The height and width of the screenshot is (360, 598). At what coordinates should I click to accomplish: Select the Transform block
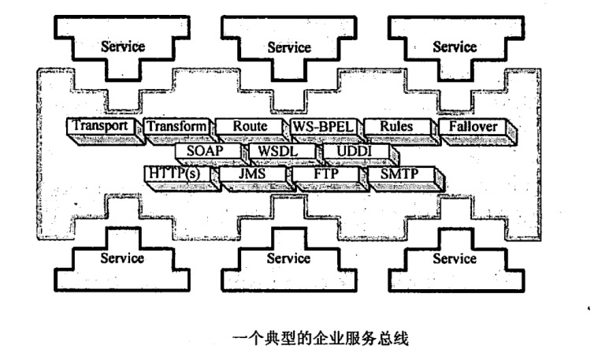(x=176, y=126)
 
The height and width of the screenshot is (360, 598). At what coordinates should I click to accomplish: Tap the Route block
(x=250, y=126)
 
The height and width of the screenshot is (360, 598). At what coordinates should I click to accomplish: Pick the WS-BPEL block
(x=323, y=126)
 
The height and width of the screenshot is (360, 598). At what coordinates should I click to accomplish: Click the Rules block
(x=396, y=126)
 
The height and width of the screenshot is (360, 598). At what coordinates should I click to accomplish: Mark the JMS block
(x=251, y=173)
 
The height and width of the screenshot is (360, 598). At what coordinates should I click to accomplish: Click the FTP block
(x=325, y=173)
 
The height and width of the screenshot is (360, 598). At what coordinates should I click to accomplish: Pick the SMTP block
(x=398, y=173)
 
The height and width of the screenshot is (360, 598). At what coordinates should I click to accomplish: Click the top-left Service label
(x=123, y=46)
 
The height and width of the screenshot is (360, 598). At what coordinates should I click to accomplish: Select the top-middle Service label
(x=289, y=46)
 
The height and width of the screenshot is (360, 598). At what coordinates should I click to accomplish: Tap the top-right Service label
(x=455, y=46)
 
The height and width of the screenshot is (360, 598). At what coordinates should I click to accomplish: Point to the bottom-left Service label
(x=123, y=258)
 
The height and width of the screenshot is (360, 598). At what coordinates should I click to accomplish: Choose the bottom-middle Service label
(x=289, y=258)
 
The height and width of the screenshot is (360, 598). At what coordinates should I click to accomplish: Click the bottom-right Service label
(x=455, y=258)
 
